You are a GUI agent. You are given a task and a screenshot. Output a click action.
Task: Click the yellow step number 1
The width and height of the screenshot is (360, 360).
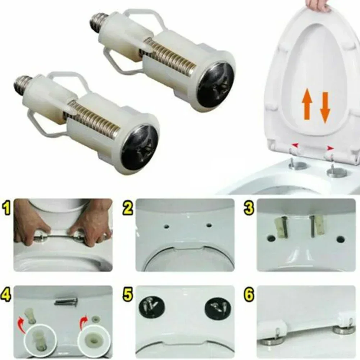pos(7,208)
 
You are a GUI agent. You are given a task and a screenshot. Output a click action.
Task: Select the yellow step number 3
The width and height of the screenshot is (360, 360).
pos(249,208)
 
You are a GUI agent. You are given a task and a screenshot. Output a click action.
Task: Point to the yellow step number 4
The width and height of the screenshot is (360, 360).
pos(7,295)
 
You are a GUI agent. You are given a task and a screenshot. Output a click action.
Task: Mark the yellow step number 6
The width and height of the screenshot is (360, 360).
pos(249,295)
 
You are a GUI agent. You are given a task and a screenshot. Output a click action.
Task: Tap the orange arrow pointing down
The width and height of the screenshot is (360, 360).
pos(325,107)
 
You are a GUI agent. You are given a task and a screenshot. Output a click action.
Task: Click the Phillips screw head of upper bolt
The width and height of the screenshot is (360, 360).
pos(216,85)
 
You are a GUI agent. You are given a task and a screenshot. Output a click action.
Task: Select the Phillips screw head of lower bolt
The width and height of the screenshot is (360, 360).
pos(140,147)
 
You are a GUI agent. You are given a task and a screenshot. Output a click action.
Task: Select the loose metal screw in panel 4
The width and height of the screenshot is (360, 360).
pos(66,301)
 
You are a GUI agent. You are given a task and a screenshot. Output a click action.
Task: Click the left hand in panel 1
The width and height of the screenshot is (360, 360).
pos(31,223)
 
